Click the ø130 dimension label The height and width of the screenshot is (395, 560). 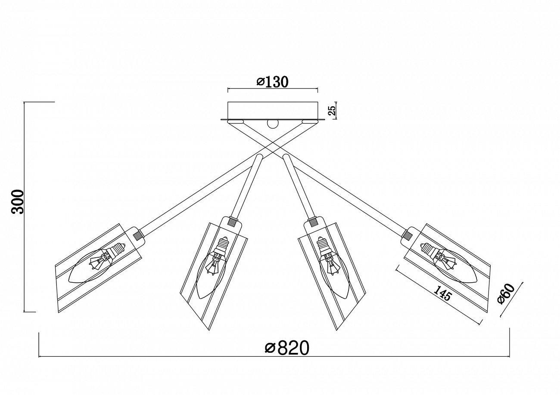click(x=273, y=82)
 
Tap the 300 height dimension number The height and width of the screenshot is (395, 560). click(x=18, y=201)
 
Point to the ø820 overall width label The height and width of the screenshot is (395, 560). click(x=287, y=348)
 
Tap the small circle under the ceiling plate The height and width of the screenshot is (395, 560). click(x=273, y=124)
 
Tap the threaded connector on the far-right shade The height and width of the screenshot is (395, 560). click(x=407, y=234)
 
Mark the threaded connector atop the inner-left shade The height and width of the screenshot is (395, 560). click(x=233, y=221)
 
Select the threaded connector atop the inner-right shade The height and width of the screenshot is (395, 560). click(x=312, y=221)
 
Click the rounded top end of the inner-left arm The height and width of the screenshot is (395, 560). click(x=259, y=157)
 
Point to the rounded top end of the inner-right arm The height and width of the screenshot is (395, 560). click(x=286, y=157)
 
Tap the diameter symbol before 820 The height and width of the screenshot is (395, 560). click(x=270, y=348)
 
